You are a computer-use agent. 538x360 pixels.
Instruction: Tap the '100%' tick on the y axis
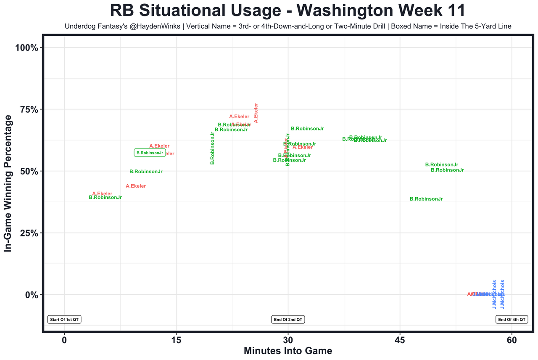(x=27, y=48)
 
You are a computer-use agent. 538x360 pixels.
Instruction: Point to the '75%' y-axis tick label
(x=30, y=109)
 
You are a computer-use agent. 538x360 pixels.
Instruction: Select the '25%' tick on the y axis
(x=30, y=233)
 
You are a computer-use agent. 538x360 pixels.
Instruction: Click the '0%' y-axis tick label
(x=32, y=295)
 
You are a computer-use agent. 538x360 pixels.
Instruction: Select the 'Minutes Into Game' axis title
(x=288, y=351)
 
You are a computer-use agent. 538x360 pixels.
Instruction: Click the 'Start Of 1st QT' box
(x=64, y=320)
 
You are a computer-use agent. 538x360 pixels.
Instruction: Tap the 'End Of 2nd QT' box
(x=288, y=320)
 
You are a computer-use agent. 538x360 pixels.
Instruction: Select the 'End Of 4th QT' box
(x=512, y=320)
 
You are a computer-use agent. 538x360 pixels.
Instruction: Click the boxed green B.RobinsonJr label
(x=150, y=153)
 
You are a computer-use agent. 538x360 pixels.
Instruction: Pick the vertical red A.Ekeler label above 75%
(x=256, y=113)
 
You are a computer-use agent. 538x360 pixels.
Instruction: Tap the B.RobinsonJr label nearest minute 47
(x=426, y=199)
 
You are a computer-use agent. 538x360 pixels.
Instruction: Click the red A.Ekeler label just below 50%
(x=136, y=186)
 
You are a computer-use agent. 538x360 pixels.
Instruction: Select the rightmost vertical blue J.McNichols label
(x=502, y=295)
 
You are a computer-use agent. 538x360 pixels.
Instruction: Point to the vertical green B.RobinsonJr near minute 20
(x=213, y=148)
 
